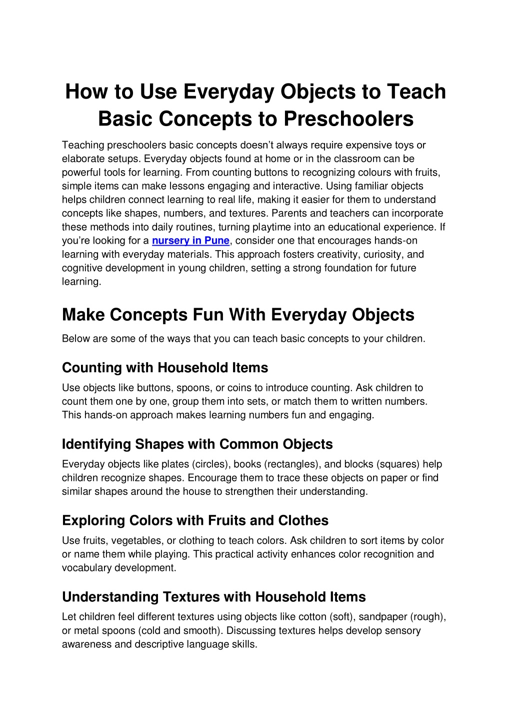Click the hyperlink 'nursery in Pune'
click(190, 241)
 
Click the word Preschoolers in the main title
click(348, 119)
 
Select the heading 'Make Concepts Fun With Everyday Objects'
click(238, 315)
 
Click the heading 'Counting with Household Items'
click(165, 368)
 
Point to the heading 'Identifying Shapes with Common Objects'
click(197, 444)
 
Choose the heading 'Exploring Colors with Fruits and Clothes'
click(195, 521)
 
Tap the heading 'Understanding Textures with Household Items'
click(213, 597)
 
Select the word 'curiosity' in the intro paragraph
click(384, 254)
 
